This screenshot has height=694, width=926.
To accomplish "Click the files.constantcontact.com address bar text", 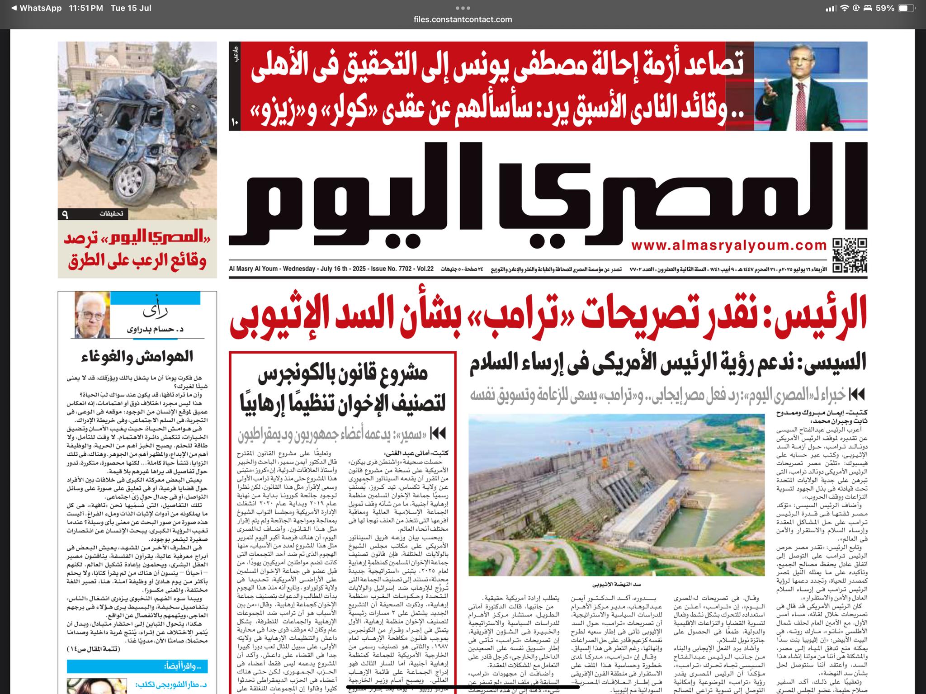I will coord(463,19).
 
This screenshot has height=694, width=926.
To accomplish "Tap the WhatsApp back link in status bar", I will coord(36,8).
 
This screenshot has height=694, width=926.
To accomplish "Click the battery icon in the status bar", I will coord(906,8).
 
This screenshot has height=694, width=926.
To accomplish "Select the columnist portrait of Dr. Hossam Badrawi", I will coord(92,315).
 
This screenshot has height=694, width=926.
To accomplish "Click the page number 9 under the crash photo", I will coord(65,214).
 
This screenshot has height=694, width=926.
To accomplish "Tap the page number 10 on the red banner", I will coord(235,122).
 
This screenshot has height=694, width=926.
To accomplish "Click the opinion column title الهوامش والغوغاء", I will coord(137,357).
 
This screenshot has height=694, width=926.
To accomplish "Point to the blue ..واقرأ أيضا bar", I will coord(137,666).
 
